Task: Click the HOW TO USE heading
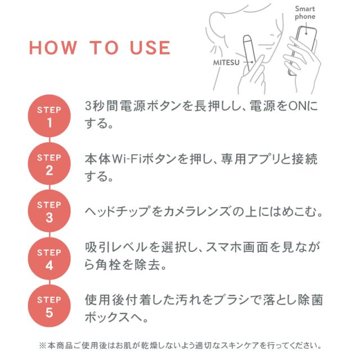100,48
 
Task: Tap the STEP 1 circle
49,115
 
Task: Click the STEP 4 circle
49,259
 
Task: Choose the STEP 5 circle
49,307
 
